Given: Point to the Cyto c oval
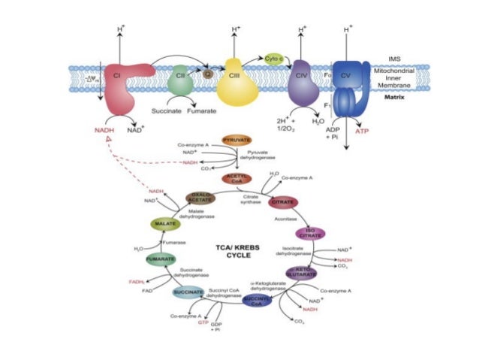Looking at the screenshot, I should tap(273, 58).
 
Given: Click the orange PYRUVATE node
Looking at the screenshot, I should tap(236, 141).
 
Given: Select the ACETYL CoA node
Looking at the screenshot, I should tap(236, 178).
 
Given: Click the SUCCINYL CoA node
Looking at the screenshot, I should tap(258, 301).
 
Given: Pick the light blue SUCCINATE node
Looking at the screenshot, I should tap(188, 292).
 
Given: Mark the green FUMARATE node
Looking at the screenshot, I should tap(161, 259).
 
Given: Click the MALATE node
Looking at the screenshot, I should tap(164, 224).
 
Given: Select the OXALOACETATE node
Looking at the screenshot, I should tap(200, 198).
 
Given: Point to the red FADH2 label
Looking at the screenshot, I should tap(137, 281).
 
